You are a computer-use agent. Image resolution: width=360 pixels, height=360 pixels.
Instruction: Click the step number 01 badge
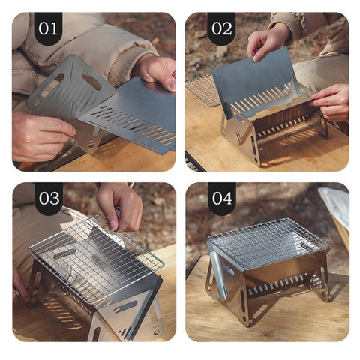[x=48, y=28]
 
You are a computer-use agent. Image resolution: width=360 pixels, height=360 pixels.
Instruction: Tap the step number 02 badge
[x=222, y=28]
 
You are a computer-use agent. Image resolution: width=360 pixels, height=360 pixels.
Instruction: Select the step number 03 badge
[x=48, y=199]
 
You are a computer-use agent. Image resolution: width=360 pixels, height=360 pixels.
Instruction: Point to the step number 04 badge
[x=222, y=199]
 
